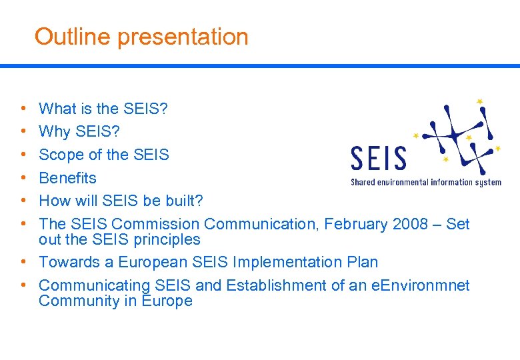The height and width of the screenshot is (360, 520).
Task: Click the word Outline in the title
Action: click(73, 37)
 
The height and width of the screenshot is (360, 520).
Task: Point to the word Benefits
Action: click(67, 178)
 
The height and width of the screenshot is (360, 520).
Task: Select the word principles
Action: click(167, 239)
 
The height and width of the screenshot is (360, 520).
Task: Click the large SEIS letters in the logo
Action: click(378, 159)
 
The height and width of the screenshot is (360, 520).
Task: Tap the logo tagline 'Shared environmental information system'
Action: click(425, 182)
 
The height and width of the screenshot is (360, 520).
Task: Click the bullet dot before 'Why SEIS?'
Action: click(23, 131)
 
